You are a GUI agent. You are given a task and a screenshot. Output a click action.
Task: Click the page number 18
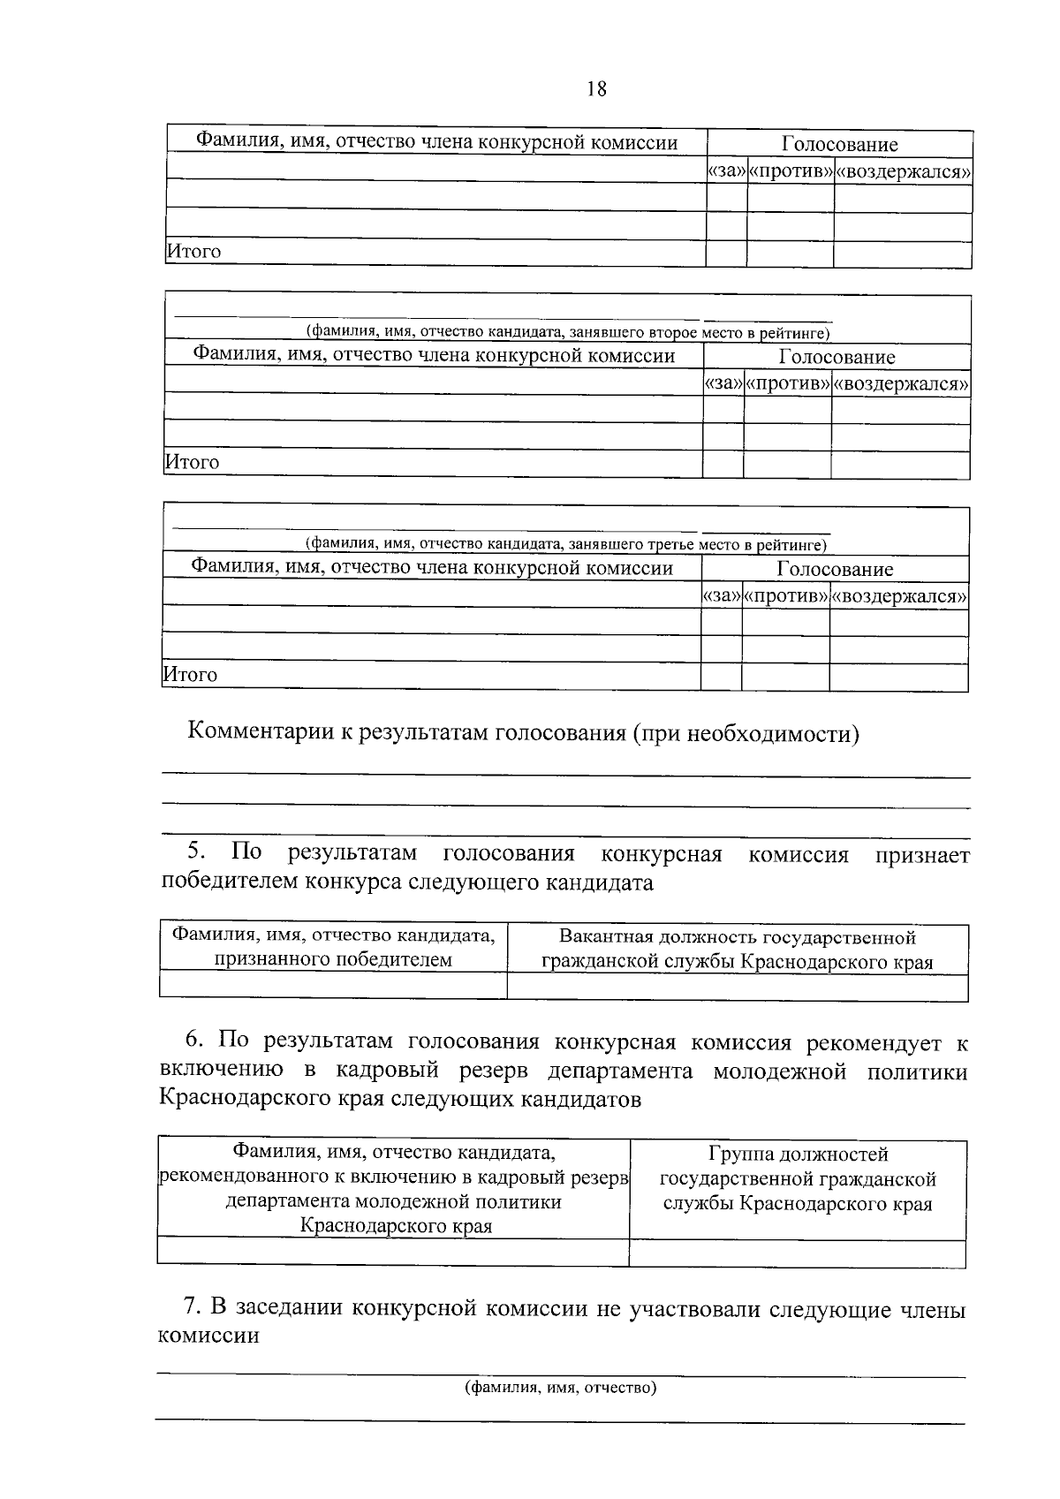(x=596, y=89)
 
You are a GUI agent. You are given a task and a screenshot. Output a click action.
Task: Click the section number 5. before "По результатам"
(x=197, y=852)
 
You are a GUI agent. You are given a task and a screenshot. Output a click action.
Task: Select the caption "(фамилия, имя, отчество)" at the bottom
(x=561, y=1387)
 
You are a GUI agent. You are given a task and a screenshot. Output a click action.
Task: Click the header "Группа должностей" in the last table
(x=798, y=1154)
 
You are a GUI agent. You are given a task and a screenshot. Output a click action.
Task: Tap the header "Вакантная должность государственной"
(x=738, y=937)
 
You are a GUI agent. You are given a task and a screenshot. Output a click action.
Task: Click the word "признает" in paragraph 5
(x=922, y=855)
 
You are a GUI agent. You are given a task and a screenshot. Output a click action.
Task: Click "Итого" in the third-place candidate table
(x=191, y=675)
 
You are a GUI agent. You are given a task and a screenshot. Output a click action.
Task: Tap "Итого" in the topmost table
(x=194, y=252)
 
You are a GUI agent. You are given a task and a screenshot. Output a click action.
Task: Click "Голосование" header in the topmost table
(x=839, y=144)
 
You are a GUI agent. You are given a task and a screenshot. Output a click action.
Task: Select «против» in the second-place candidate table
(x=788, y=384)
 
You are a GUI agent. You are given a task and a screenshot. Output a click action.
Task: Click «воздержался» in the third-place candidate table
(x=898, y=596)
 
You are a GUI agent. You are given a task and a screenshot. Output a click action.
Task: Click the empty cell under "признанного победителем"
(x=333, y=985)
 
